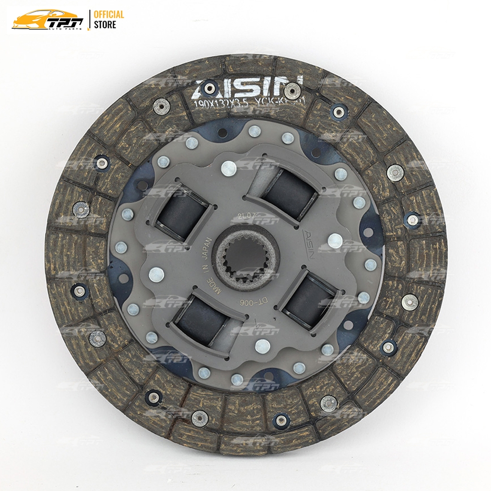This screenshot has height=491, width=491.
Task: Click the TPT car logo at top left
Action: pyautogui.click(x=48, y=20)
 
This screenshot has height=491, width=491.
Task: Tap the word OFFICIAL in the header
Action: pyautogui.click(x=109, y=14)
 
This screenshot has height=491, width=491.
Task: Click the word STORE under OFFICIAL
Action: pyautogui.click(x=105, y=24)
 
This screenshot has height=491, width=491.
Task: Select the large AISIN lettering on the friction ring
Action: pyautogui.click(x=248, y=87)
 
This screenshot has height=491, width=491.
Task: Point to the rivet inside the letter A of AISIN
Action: pyautogui.click(x=208, y=88)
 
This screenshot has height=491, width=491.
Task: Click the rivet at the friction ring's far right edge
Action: pyautogui.click(x=412, y=219)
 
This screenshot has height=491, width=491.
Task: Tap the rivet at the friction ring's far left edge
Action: pyautogui.click(x=80, y=209)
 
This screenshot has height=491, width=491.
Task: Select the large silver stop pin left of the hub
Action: pyautogui.click(x=156, y=274)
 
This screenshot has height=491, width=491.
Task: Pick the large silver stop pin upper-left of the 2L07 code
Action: pyautogui.click(x=229, y=167)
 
